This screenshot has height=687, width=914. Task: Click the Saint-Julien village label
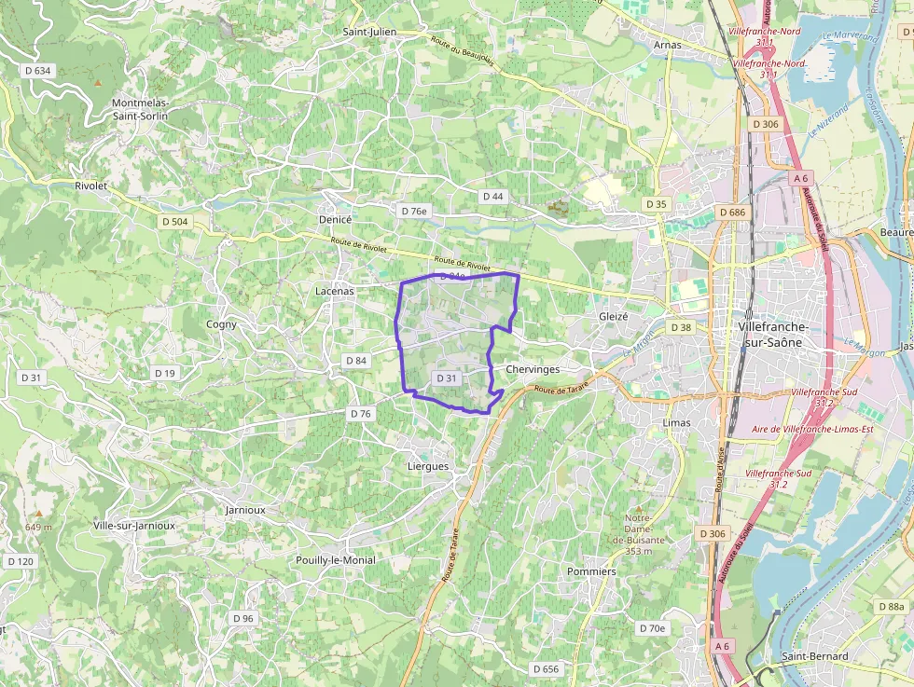point(369,32)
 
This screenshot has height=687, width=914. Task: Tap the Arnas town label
point(668,45)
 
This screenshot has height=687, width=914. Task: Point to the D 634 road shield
point(38,70)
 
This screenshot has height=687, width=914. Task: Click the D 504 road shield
point(174,222)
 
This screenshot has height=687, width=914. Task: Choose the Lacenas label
point(335,291)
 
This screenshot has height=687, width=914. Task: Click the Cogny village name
point(221,324)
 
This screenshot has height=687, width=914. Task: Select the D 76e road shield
point(414,212)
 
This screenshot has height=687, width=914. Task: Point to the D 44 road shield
point(493,197)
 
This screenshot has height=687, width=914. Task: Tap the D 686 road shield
point(734,213)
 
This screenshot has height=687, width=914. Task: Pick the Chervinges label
point(533,369)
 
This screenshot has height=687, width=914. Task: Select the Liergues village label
point(428,466)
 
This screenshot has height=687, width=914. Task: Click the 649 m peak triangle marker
point(39,513)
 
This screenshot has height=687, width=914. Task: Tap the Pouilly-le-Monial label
point(335,560)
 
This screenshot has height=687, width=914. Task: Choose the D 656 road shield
point(546,669)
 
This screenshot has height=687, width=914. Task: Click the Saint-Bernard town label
point(815,656)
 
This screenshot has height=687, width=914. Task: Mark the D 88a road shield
point(892,607)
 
